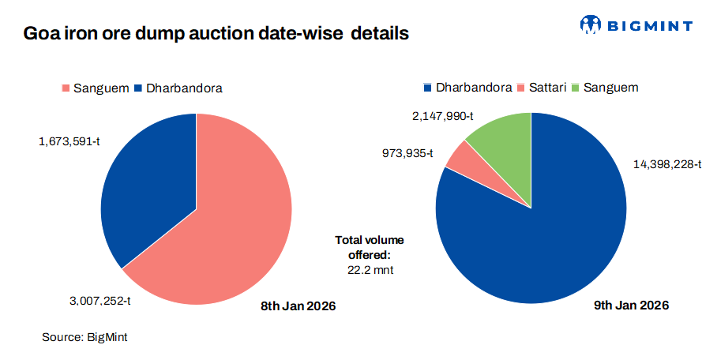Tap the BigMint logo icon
click(590, 25)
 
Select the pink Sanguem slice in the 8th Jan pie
click(229, 229)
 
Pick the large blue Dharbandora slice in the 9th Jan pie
click(545, 229)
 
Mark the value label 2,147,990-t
click(441, 116)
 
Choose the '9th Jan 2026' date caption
click(632, 306)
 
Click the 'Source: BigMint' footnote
click(84, 337)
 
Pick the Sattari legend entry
click(543, 88)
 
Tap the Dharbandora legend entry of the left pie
click(178, 88)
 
